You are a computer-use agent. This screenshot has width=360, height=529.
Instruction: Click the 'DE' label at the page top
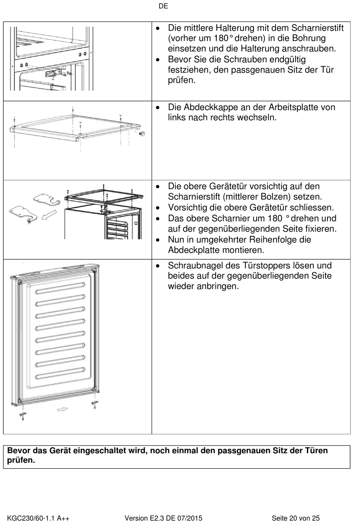163,6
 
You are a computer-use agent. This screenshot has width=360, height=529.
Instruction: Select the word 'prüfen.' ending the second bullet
182,80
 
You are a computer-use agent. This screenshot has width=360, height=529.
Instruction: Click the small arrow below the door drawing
63,409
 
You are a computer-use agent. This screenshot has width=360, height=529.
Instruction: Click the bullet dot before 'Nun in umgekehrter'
158,240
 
